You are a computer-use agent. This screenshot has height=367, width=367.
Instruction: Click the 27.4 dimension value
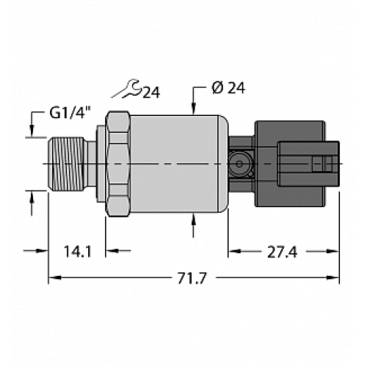(283, 251)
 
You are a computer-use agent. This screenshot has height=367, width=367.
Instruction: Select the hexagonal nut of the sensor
(117, 161)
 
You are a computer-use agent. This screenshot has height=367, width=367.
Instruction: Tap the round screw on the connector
(239, 161)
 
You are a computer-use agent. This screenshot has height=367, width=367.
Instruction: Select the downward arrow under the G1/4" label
(32, 129)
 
